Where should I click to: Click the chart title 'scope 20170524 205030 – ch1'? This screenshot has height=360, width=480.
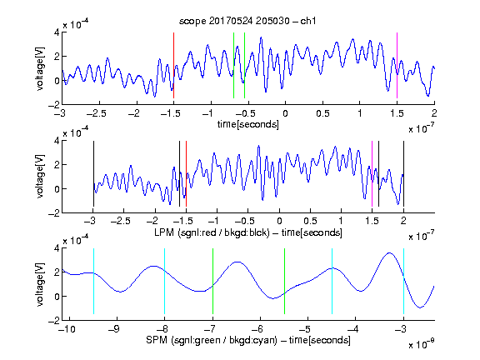(x=247, y=21)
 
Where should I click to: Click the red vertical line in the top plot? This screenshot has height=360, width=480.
(x=173, y=65)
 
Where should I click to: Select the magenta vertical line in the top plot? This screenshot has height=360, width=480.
(x=397, y=65)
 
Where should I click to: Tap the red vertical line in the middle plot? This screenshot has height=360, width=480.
(x=186, y=173)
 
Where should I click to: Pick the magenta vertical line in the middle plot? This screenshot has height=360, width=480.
(x=372, y=173)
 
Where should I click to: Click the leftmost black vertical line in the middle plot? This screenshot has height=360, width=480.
(x=93, y=173)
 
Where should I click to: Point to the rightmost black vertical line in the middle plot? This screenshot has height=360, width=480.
(x=403, y=173)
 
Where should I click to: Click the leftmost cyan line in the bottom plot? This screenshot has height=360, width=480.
(x=93, y=281)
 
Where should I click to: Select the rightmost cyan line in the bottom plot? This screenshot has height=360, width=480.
(x=403, y=281)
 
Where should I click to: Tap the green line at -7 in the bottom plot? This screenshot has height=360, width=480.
(x=212, y=281)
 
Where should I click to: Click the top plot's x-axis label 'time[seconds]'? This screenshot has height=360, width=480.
(x=248, y=124)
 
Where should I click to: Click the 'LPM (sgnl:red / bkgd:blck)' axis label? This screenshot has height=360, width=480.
(x=212, y=232)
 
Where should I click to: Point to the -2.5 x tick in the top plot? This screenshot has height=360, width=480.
(x=97, y=113)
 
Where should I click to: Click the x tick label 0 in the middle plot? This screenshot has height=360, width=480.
(x=279, y=221)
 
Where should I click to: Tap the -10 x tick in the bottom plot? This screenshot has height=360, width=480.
(x=68, y=329)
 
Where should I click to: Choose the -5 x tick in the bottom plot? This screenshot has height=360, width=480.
(x=306, y=329)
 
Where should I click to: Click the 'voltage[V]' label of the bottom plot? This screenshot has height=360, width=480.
(x=40, y=284)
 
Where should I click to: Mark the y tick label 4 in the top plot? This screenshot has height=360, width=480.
(x=57, y=32)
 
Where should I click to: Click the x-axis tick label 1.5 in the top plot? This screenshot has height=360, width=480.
(x=397, y=113)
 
